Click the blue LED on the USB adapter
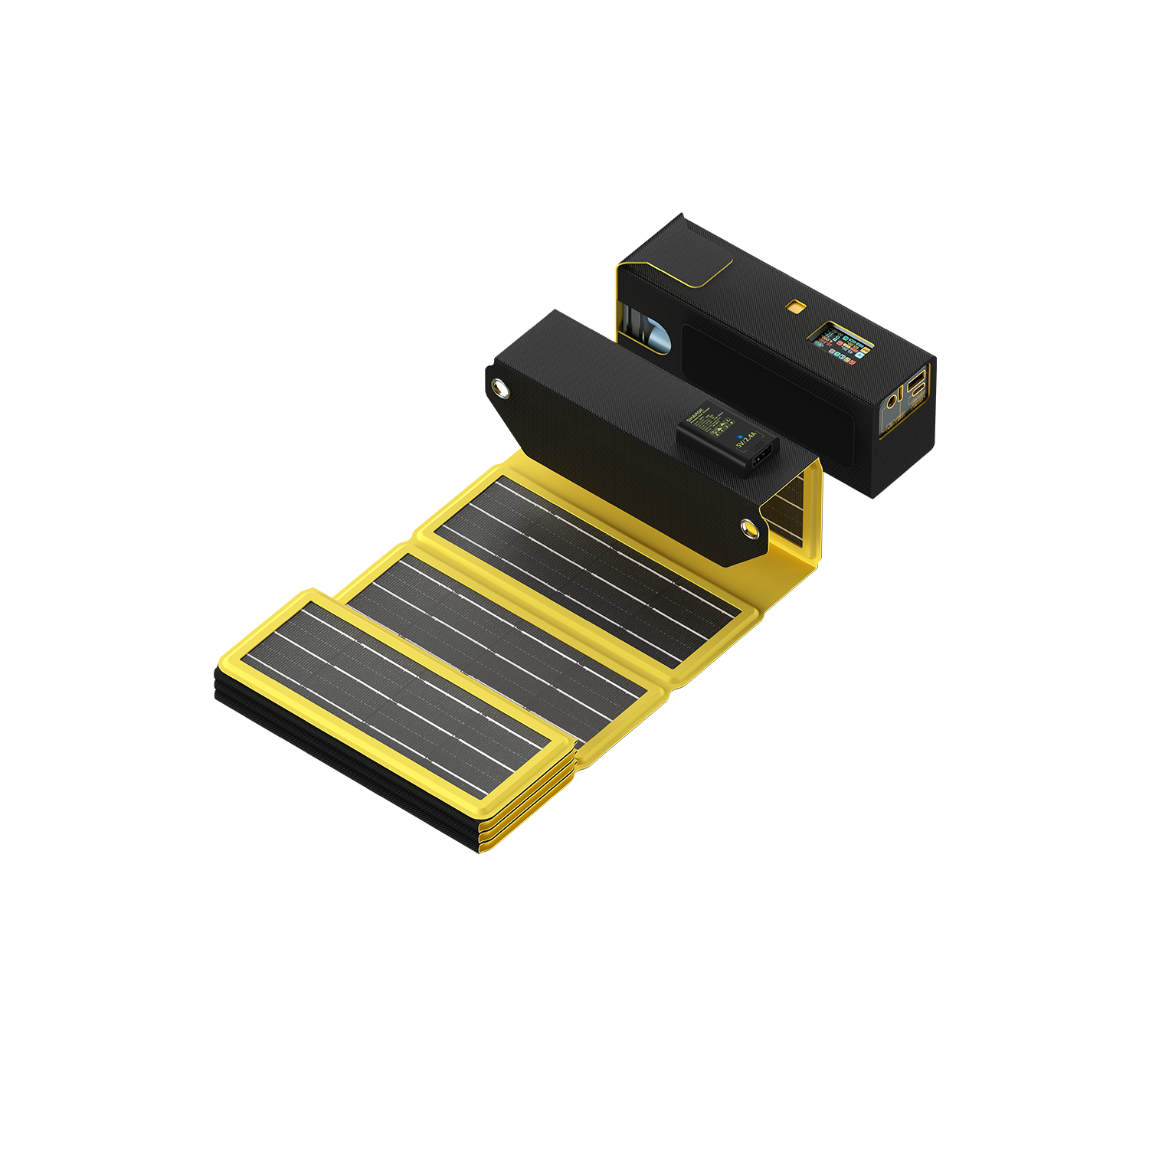coord(739,437)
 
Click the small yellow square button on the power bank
coord(795,307)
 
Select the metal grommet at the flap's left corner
coord(501,389)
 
